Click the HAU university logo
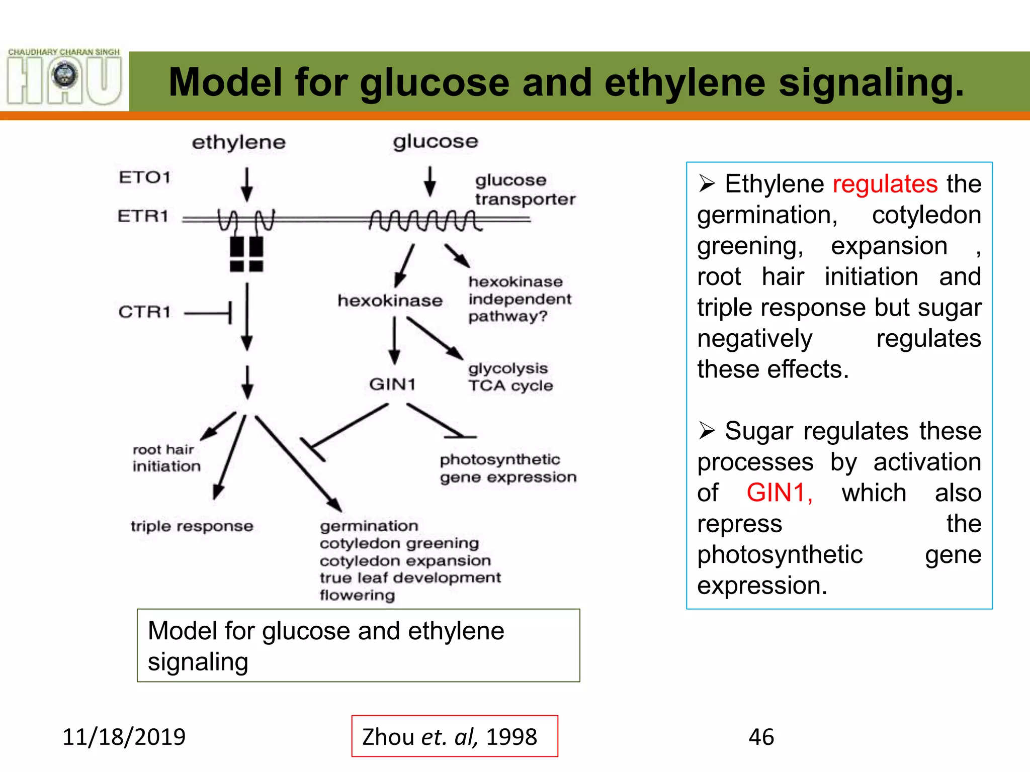[64, 77]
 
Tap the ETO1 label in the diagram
[144, 177]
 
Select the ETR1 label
[143, 216]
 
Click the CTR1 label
[144, 312]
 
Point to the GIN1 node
[392, 384]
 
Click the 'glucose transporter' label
[525, 189]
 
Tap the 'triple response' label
[192, 526]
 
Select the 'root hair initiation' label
[166, 458]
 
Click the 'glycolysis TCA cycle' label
[510, 377]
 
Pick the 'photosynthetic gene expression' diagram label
[507, 468]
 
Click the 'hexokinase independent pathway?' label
[519, 299]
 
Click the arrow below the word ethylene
[246, 184]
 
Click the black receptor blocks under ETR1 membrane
[246, 254]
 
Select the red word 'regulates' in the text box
[885, 184]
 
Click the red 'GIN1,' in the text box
[779, 493]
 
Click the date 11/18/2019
[124, 737]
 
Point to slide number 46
[761, 737]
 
